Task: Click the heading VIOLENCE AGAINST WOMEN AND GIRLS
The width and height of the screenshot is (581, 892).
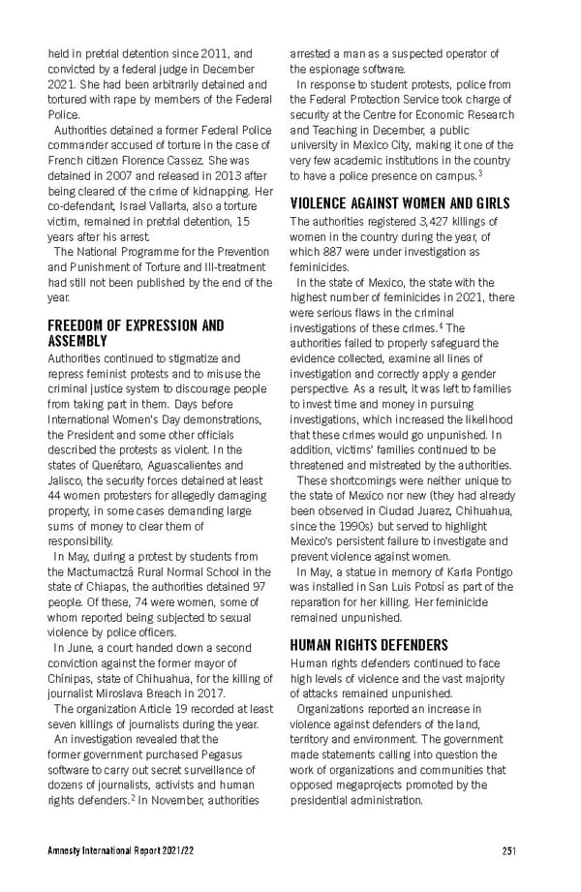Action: pos(400,203)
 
